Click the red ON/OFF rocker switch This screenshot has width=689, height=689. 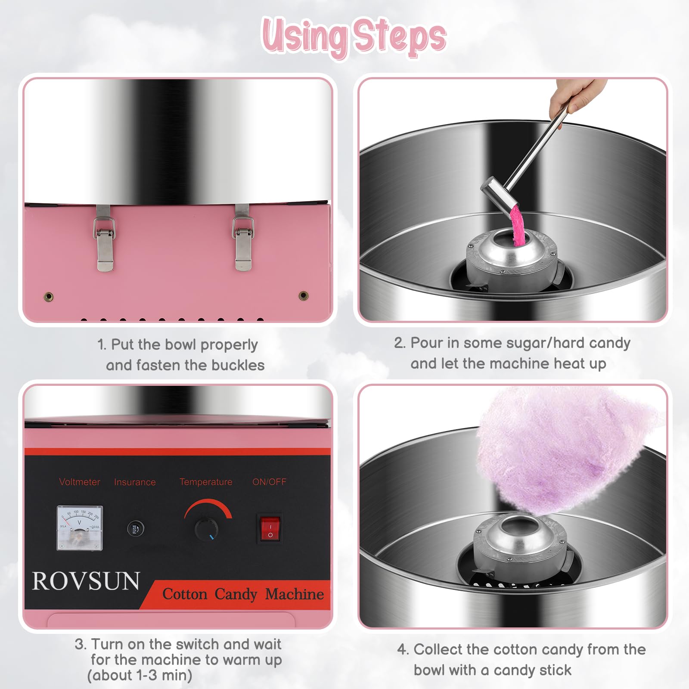(x=270, y=529)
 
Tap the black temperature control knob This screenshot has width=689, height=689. (x=206, y=528)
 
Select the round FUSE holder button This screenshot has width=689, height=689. (x=135, y=528)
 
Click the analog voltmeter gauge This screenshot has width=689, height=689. (x=80, y=528)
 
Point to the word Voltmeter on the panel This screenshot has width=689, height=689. (x=79, y=482)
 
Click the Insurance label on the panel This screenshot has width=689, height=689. (x=135, y=482)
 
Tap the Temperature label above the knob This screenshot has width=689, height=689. (x=206, y=482)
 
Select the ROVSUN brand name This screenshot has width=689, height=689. (x=86, y=581)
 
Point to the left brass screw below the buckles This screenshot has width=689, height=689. (x=49, y=296)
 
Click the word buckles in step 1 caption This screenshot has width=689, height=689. (x=238, y=365)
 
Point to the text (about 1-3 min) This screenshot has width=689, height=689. (x=140, y=675)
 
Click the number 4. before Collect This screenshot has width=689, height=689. (x=402, y=649)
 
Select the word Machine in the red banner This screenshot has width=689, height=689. (x=295, y=594)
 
